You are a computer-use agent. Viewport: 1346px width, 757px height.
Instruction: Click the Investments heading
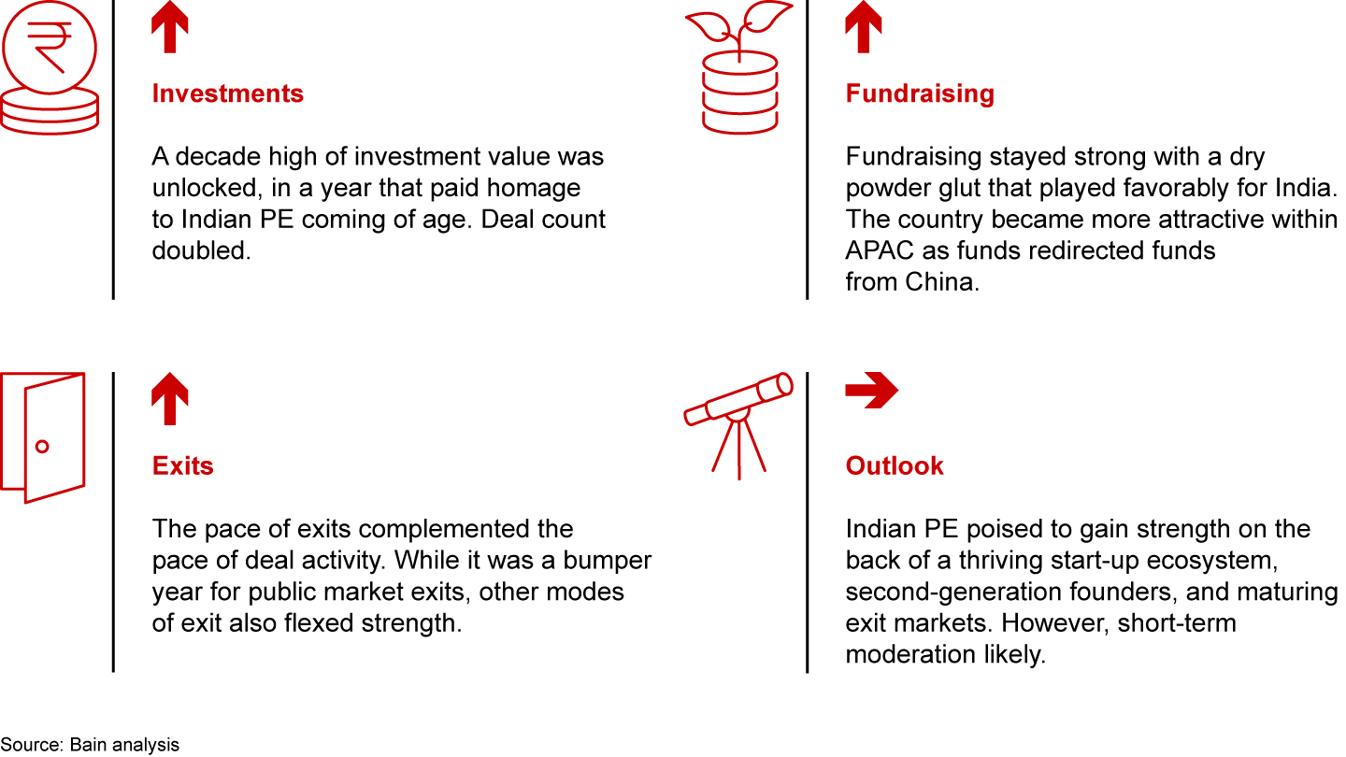[x=228, y=93]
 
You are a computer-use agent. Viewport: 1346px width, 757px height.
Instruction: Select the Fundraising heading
[x=920, y=93]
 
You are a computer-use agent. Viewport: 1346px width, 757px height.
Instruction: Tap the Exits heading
[x=182, y=465]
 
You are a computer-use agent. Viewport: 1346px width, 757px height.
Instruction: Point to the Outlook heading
[x=895, y=465]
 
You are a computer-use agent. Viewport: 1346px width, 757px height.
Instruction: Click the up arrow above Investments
[x=170, y=26]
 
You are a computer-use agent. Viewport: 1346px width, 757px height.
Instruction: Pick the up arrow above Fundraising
[x=864, y=26]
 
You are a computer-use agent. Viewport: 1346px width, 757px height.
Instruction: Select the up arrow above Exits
[x=170, y=398]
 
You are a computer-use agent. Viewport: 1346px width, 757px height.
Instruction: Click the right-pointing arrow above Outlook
[x=872, y=390]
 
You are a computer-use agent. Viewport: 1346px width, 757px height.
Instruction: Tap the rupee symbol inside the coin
[x=50, y=48]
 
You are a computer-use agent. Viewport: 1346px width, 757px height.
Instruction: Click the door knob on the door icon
[x=42, y=447]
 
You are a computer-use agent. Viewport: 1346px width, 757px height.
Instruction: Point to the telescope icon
[x=738, y=425]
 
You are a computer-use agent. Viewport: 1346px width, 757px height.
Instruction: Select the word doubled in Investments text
[x=201, y=250]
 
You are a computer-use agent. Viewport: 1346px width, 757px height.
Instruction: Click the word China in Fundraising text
[x=942, y=282]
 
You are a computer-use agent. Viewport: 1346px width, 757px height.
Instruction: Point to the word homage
[x=534, y=188]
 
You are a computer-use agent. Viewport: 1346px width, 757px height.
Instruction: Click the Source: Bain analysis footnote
[x=90, y=744]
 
